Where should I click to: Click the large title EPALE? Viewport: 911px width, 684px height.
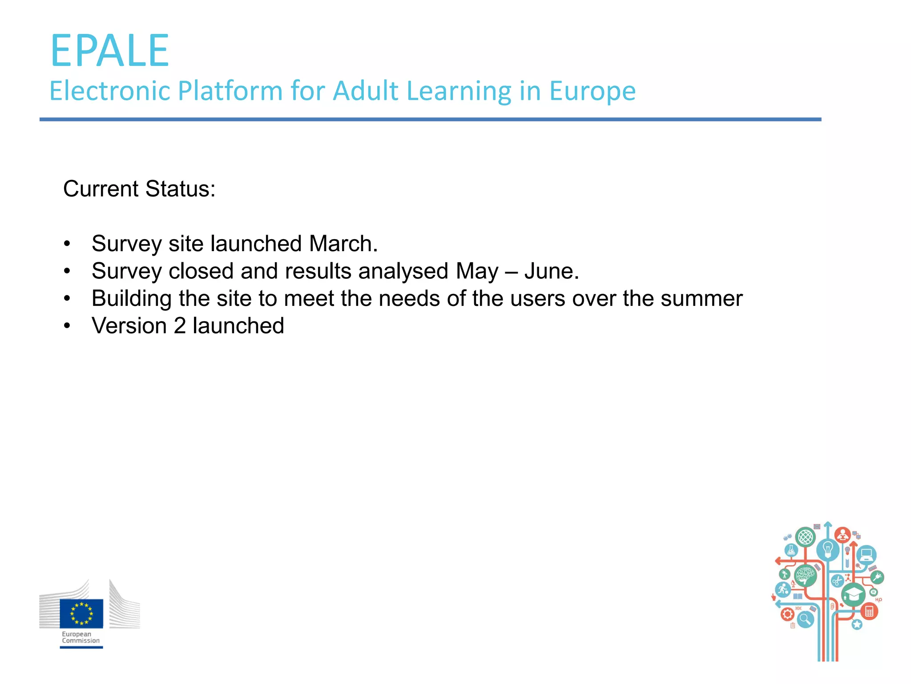(110, 51)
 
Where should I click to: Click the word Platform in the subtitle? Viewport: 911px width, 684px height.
(230, 91)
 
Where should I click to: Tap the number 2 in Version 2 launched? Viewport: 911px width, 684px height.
(180, 326)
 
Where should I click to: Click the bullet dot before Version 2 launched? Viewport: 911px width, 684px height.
(67, 326)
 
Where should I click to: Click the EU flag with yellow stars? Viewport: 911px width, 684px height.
(81, 613)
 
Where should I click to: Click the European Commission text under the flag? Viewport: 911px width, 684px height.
(81, 637)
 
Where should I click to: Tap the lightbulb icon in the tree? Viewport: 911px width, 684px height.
(827, 550)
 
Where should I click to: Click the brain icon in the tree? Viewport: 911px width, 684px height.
(805, 575)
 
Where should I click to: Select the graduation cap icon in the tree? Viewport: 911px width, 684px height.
(853, 594)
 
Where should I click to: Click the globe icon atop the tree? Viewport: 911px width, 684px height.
(805, 537)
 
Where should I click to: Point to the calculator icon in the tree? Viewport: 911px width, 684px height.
(869, 611)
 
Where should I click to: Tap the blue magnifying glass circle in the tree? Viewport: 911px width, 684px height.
(805, 619)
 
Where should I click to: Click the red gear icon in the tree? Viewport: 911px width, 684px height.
(787, 615)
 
